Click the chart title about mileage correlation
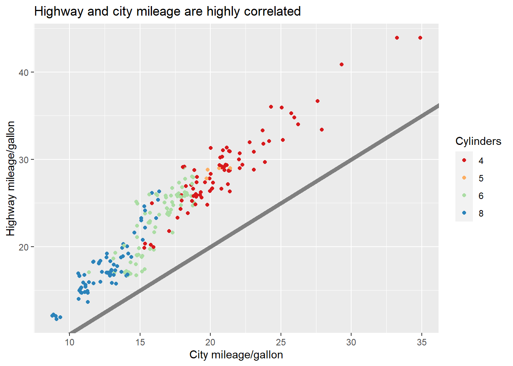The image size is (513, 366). click(167, 11)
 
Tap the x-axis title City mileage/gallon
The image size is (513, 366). click(236, 355)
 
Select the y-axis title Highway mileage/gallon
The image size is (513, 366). click(11, 178)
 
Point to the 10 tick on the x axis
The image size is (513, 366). click(69, 342)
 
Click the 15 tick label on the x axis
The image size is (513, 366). click(140, 342)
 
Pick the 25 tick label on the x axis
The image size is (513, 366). click(281, 342)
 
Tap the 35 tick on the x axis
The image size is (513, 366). click(421, 342)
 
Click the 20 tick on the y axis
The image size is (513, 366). click(24, 247)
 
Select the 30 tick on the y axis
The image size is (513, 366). click(24, 160)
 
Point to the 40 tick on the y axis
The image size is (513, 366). click(24, 72)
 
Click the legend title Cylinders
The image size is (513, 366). click(478, 141)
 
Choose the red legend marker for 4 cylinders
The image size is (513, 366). click(464, 161)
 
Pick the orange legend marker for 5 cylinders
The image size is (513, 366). click(464, 178)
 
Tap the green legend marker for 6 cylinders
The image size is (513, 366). click(464, 196)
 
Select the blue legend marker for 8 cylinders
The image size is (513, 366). click(464, 213)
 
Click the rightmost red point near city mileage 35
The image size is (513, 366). click(420, 38)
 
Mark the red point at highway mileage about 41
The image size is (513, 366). click(342, 64)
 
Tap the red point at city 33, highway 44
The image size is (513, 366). click(397, 38)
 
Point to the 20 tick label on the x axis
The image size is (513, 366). click(210, 342)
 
